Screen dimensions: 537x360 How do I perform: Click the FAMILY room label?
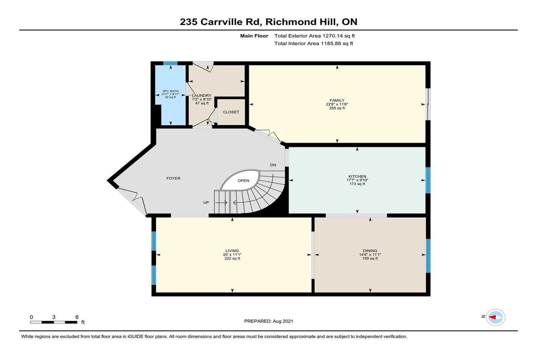[x=337, y=100]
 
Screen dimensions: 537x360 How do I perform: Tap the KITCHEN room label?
[x=357, y=177]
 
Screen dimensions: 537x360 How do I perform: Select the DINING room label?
[x=370, y=251]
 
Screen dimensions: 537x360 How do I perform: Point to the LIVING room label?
[x=232, y=251]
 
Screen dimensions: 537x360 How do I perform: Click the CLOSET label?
[x=231, y=112]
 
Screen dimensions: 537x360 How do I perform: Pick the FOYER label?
[x=173, y=178]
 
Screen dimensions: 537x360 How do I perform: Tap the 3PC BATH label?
[x=170, y=91]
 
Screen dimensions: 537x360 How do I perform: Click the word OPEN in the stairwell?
[x=243, y=181]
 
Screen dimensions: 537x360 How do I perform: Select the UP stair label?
[x=206, y=203]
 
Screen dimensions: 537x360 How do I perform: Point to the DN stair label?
[x=273, y=165]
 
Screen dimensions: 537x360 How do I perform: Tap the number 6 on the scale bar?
[x=77, y=317]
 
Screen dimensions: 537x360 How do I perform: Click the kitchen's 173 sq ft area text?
[x=357, y=184]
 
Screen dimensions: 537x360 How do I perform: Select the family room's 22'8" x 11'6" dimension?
[x=337, y=104]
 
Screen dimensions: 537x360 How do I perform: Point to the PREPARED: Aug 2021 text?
[x=268, y=321]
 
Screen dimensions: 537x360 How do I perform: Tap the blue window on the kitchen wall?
[x=428, y=180]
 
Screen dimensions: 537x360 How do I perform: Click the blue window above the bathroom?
[x=170, y=63]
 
